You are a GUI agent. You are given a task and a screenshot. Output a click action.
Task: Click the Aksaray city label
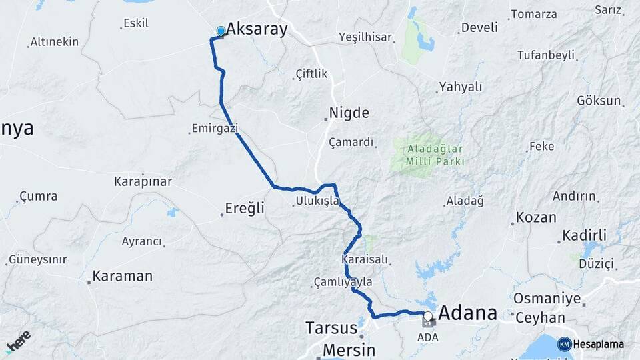257,29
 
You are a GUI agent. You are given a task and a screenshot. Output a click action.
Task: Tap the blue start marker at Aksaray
221,31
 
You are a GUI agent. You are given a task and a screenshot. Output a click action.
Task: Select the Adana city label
468,313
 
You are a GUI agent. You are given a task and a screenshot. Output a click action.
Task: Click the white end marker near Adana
427,317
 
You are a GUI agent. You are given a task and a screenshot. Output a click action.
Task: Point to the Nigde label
349,113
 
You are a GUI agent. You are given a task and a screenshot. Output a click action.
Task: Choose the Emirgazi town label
215,128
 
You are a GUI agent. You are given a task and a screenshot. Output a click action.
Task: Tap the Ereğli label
245,209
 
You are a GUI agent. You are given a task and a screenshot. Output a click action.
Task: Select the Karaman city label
122,275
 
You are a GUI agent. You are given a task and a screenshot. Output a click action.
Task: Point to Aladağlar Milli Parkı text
428,155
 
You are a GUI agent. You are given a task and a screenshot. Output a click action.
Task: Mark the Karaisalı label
364,258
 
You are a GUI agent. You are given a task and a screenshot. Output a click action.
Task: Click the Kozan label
535,219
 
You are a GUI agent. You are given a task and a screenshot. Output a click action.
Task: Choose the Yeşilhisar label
365,37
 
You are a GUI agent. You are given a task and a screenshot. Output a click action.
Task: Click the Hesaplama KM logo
591,344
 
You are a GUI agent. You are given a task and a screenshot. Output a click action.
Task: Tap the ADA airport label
428,337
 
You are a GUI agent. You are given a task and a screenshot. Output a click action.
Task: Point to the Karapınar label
143,181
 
